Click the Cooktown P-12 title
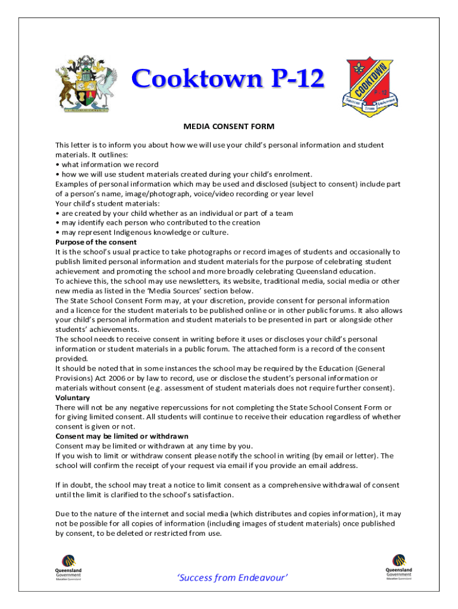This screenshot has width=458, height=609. coord(228,79)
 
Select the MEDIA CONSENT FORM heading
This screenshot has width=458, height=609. coord(228,127)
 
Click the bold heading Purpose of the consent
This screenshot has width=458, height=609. coord(96,242)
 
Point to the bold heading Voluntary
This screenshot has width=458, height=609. coord(73,397)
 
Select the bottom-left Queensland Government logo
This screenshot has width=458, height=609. coord(68,567)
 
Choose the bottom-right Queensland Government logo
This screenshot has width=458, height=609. coord(399,567)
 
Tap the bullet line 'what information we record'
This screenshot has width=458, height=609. coord(109,164)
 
